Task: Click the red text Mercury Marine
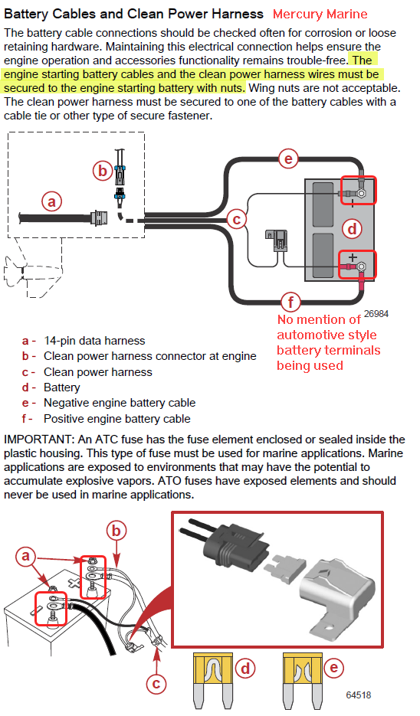(x=320, y=14)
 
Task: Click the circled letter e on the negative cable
(x=288, y=159)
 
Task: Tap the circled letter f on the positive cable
(x=290, y=302)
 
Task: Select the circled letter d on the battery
(x=352, y=228)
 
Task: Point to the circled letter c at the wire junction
(x=237, y=220)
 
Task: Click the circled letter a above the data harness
(x=51, y=201)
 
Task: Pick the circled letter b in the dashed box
(x=103, y=170)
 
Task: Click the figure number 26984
(x=376, y=314)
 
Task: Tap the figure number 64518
(x=358, y=695)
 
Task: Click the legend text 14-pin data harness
(x=94, y=341)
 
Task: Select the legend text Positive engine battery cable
(x=117, y=419)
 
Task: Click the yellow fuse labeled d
(x=213, y=680)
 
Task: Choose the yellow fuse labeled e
(x=302, y=680)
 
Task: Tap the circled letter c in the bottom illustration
(x=156, y=684)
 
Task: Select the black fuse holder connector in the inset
(x=228, y=545)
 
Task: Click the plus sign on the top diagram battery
(x=353, y=257)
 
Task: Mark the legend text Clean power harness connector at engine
(x=150, y=356)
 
